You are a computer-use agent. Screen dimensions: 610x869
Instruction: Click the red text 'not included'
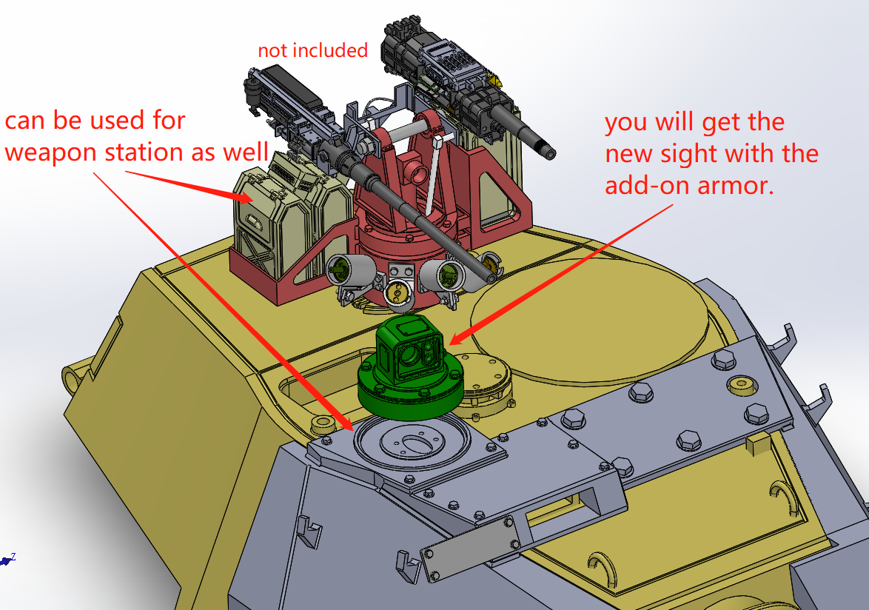click(312, 50)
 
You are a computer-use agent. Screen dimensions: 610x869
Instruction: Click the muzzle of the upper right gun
click(550, 152)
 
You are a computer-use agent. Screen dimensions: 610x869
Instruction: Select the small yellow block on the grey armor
click(759, 444)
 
